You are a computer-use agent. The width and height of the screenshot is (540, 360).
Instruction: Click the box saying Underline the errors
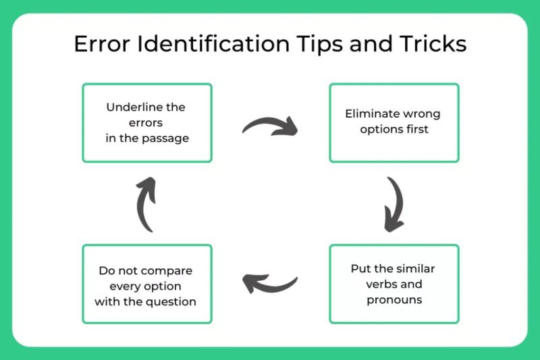pos(147,122)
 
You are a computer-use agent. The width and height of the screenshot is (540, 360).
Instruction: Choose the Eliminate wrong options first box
pos(394,122)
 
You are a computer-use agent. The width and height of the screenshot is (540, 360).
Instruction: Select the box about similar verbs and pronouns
pos(394,284)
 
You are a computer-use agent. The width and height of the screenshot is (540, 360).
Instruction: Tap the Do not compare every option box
pos(147,284)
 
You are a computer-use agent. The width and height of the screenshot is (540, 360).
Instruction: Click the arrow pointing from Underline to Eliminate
pos(270,125)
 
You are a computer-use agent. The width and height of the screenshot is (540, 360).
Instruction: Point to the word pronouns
pos(394,299)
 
